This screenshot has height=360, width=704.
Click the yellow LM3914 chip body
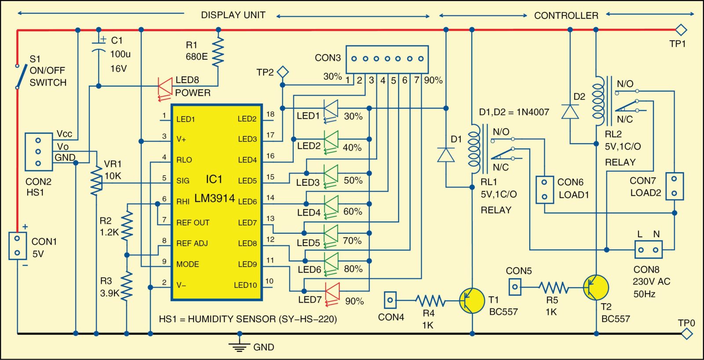[x=216, y=202]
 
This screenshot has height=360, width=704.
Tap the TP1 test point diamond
[x=681, y=30]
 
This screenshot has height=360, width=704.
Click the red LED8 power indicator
[x=165, y=86]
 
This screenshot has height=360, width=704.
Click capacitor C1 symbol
[x=99, y=46]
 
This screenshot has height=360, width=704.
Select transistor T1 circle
[x=471, y=301]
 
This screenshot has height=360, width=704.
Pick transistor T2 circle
[x=596, y=287]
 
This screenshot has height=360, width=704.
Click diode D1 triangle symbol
[x=446, y=155]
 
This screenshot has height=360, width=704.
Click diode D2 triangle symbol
[x=570, y=112]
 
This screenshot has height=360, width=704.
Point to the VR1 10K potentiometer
[x=96, y=181]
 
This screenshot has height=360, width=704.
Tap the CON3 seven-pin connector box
[x=387, y=59]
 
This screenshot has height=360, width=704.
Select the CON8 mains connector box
[x=649, y=250]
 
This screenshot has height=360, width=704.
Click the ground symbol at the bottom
[x=239, y=345]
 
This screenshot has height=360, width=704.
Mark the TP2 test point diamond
[x=282, y=72]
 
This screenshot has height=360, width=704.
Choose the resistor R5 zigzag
[x=554, y=287]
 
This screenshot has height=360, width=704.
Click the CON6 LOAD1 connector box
[x=545, y=189]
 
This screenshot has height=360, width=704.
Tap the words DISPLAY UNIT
[x=233, y=15]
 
